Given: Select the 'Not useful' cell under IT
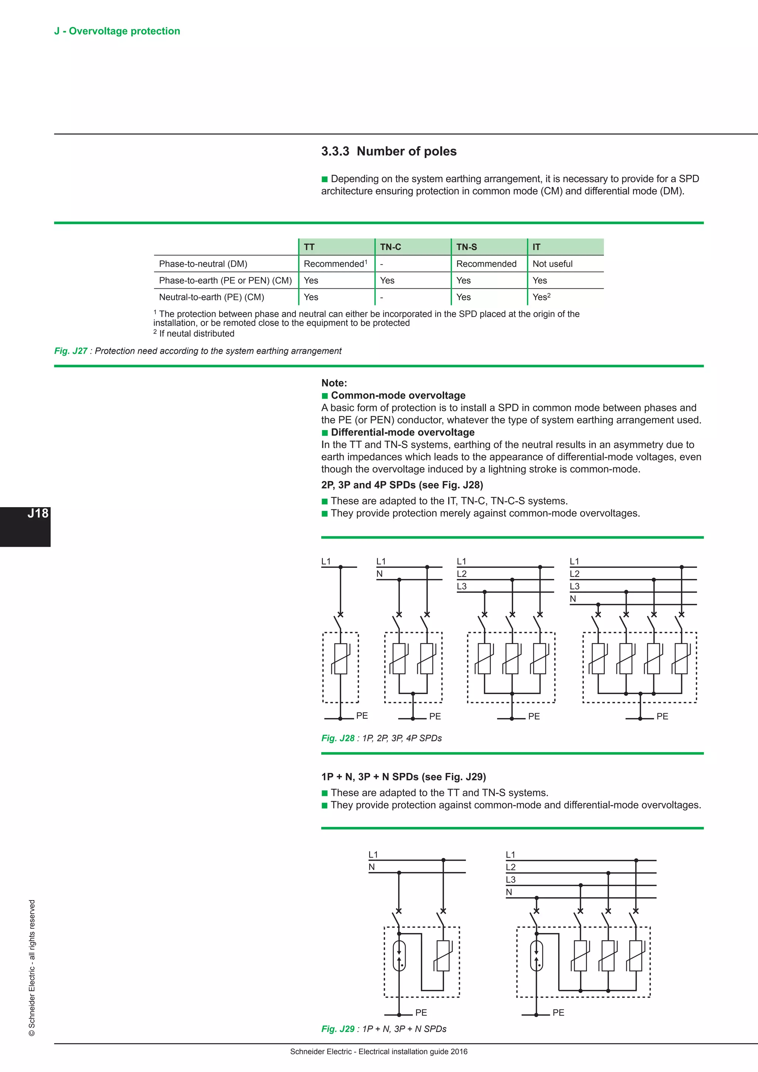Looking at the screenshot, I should [552, 264].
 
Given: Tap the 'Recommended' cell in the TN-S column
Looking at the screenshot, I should [486, 264].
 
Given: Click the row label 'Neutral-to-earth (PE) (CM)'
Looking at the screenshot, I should [211, 297].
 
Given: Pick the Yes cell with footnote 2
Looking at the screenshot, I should [541, 297].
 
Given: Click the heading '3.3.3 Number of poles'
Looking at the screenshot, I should [388, 151].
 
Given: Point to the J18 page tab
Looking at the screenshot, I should [37, 513].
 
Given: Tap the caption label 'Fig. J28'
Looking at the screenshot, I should [338, 738].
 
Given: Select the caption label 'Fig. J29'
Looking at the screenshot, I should [338, 1029].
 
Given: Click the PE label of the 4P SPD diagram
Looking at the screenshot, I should [662, 716].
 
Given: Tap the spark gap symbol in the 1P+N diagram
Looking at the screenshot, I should [399, 955].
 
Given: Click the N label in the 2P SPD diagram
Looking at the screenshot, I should [379, 574].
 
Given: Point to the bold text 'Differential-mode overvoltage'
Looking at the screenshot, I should [402, 432].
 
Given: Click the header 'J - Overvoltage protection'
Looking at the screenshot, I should [117, 31].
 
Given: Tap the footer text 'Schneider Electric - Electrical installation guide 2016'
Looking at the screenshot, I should [379, 1052].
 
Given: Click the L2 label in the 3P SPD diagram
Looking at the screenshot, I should [462, 574].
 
